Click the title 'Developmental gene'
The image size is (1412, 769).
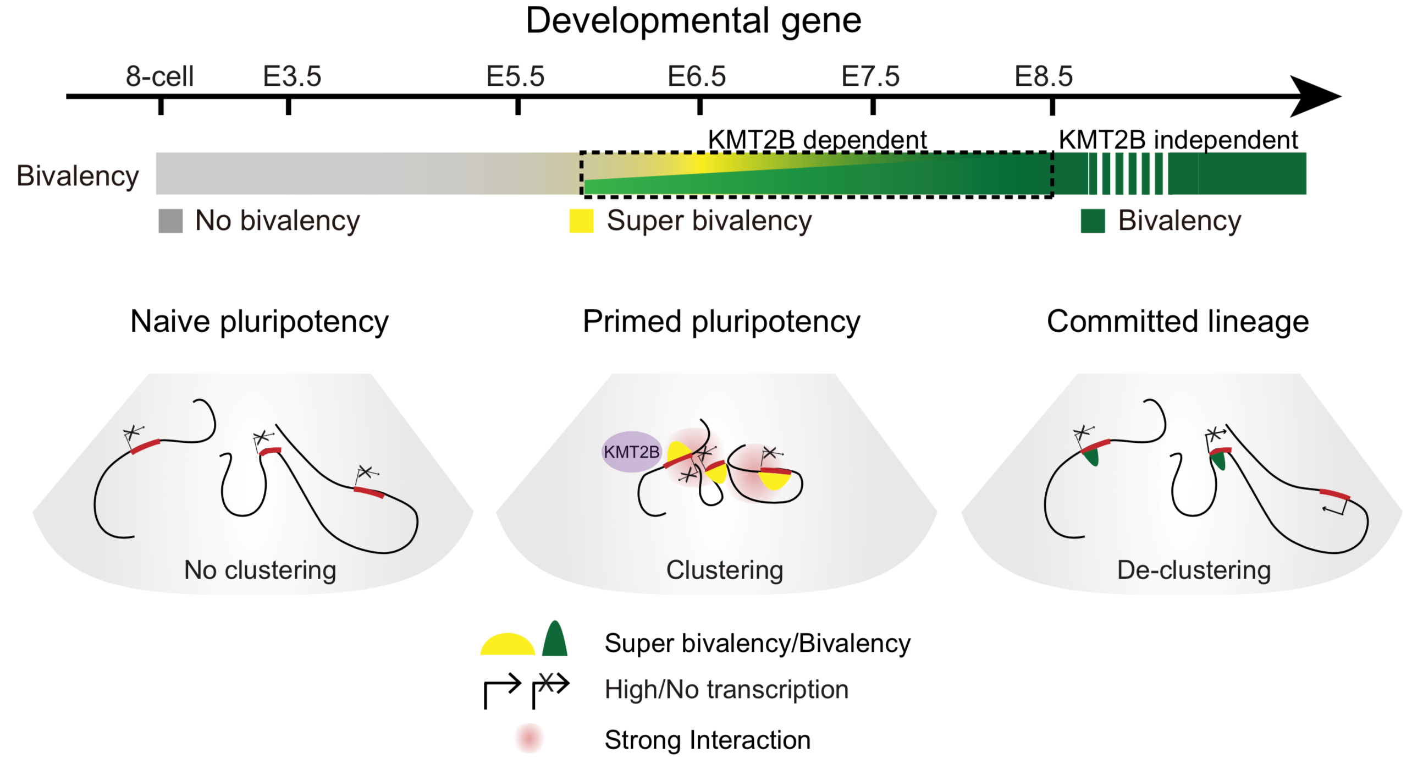693,22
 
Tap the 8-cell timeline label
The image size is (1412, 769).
159,76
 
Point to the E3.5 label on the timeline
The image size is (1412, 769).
292,76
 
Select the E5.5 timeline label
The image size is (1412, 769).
515,76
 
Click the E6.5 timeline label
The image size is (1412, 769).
697,76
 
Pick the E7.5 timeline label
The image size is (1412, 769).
870,76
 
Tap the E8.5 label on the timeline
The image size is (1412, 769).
1044,76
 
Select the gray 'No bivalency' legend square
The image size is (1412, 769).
170,221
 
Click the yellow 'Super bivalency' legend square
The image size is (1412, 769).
581,221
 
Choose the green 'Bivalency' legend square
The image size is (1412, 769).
1093,221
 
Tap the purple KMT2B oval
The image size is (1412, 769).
631,452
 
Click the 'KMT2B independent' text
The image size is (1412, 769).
1178,140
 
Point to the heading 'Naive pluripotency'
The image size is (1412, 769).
260,322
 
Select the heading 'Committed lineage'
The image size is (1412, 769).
1178,321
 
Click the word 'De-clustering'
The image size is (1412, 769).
1194,570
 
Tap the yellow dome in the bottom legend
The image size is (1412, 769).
508,645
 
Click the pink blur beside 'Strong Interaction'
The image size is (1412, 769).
529,738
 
